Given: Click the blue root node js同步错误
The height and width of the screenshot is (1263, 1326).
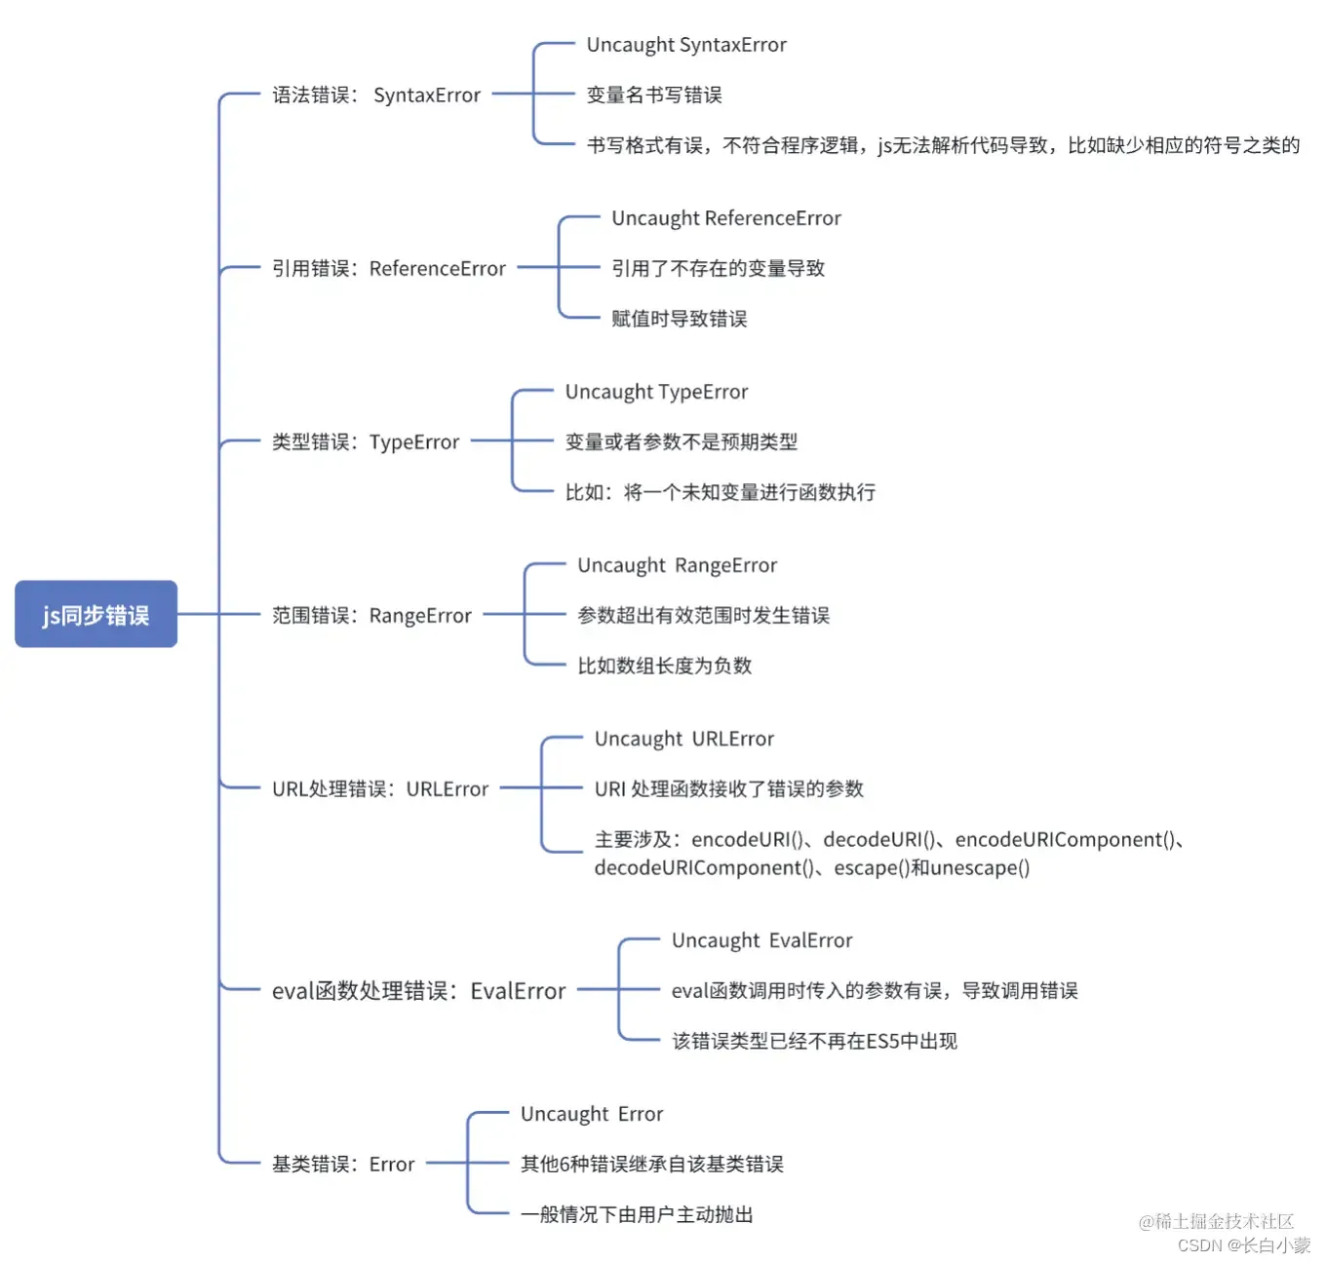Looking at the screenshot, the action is [96, 614].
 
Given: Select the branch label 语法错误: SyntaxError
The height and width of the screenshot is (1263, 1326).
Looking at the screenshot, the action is [376, 95].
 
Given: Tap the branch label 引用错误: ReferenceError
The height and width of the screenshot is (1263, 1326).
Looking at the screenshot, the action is [388, 268].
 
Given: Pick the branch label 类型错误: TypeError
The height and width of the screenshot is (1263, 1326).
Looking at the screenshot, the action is [366, 441].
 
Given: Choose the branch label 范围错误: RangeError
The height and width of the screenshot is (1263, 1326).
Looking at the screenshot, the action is [371, 615].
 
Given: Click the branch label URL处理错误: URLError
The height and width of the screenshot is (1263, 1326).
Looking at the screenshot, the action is [379, 788].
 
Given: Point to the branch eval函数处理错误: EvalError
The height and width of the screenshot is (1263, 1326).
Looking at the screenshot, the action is [418, 990].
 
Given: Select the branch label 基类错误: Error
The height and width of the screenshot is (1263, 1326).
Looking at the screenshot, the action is [343, 1164].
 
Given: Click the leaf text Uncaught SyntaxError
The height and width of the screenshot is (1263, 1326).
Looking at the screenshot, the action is [686, 45].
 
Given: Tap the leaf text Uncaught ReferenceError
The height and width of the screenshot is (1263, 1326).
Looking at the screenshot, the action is [726, 217].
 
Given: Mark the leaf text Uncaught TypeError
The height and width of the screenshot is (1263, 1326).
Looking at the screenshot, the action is [656, 392].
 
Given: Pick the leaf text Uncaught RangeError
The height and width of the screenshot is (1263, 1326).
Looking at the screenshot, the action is [678, 565].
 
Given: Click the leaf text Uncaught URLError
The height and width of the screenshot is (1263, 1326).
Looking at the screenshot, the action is [683, 739].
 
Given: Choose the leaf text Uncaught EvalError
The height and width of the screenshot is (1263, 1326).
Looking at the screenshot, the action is [761, 940].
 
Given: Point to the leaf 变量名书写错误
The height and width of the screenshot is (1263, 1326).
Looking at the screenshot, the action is [654, 95].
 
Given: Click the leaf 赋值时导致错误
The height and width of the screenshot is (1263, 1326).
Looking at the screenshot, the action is [680, 319].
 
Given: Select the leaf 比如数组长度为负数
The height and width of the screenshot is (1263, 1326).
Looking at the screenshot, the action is [664, 666].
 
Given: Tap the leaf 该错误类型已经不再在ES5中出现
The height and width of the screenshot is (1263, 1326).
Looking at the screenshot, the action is [814, 1041].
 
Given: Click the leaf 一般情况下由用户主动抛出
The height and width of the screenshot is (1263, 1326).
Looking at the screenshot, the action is [637, 1213].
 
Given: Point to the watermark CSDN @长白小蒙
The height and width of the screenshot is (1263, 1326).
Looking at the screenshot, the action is [1243, 1244].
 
